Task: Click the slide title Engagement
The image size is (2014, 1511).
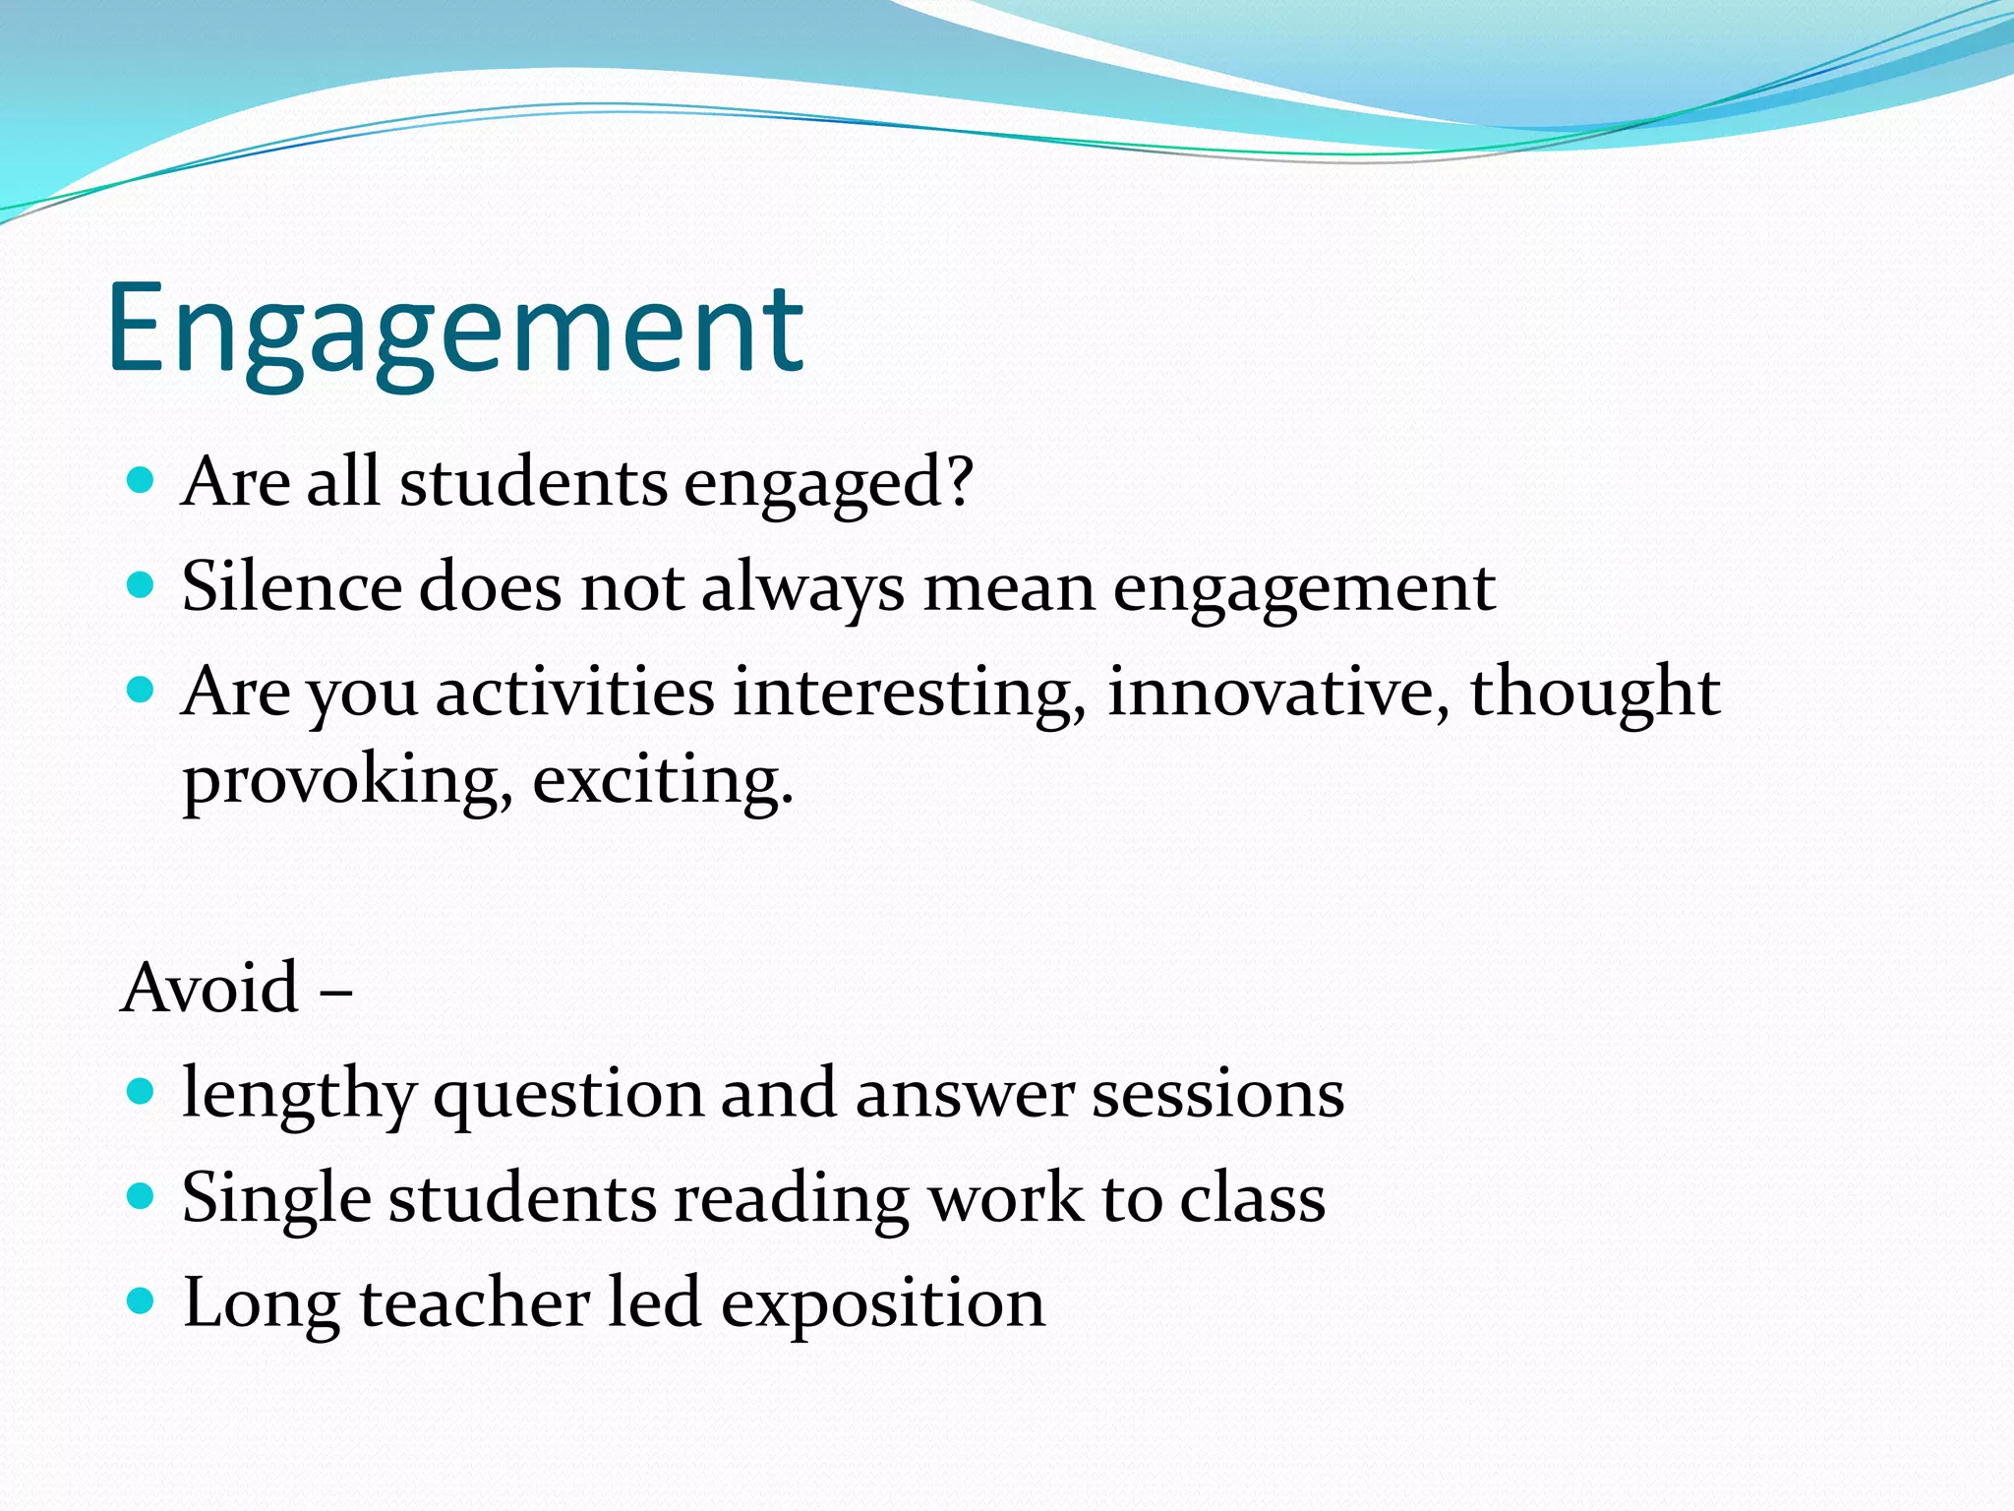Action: click(x=455, y=330)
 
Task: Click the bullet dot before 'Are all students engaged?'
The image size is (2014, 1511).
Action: click(x=142, y=480)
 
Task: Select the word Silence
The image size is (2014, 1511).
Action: click(x=291, y=587)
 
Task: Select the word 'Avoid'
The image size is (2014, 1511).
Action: click(x=210, y=988)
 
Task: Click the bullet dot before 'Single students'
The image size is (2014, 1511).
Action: click(x=142, y=1196)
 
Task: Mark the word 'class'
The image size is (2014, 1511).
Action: click(x=1252, y=1199)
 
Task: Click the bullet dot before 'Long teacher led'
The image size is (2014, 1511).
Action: click(x=142, y=1301)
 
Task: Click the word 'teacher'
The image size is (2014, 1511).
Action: click(x=474, y=1303)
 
